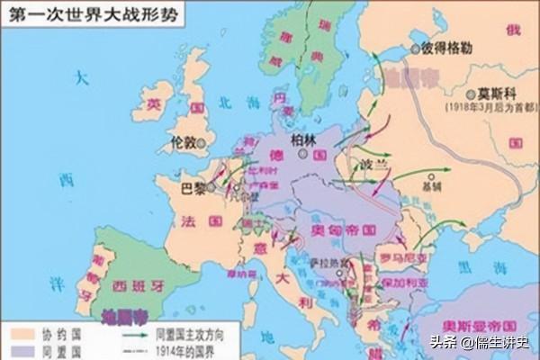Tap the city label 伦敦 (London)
pyautogui.click(x=184, y=143)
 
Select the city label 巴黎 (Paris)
pyautogui.click(x=193, y=188)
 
